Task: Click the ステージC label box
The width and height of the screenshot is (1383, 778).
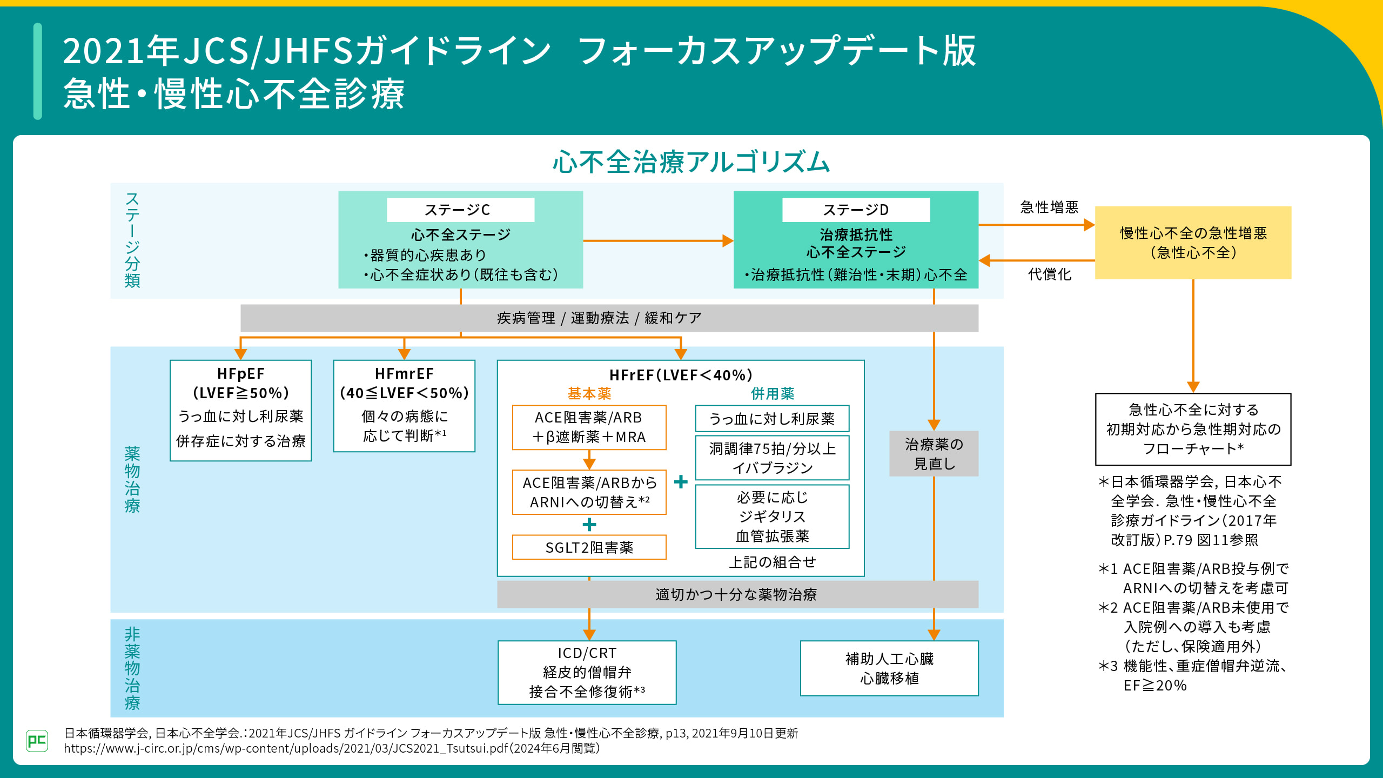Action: tap(460, 210)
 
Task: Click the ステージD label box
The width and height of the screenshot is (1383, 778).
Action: tap(856, 210)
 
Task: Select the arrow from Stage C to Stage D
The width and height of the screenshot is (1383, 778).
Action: tap(657, 241)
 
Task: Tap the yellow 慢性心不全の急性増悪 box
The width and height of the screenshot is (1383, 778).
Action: tap(1193, 243)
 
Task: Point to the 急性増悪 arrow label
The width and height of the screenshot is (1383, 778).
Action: tap(1049, 207)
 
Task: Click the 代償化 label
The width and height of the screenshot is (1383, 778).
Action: tap(1049, 274)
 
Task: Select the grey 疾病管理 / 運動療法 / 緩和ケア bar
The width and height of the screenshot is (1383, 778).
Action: tap(609, 318)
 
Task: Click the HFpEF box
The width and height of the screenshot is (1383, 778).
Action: tap(241, 410)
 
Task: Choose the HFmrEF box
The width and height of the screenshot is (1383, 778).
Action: tap(404, 406)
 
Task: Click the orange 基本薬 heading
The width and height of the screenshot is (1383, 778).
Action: tap(589, 393)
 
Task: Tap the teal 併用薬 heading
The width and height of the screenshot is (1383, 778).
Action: tap(773, 393)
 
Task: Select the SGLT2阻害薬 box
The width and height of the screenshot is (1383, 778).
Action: tap(589, 547)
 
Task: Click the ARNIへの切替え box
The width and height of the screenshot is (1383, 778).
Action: tap(589, 492)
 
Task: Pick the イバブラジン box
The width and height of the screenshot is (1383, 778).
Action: tap(773, 458)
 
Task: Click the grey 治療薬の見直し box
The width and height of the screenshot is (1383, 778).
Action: tap(934, 454)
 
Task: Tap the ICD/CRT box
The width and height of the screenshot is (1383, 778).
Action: tap(587, 672)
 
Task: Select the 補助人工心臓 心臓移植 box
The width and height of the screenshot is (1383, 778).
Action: tap(889, 668)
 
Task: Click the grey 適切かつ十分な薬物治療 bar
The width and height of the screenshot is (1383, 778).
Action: tap(737, 594)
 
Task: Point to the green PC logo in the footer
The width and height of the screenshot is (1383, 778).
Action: tap(37, 740)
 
